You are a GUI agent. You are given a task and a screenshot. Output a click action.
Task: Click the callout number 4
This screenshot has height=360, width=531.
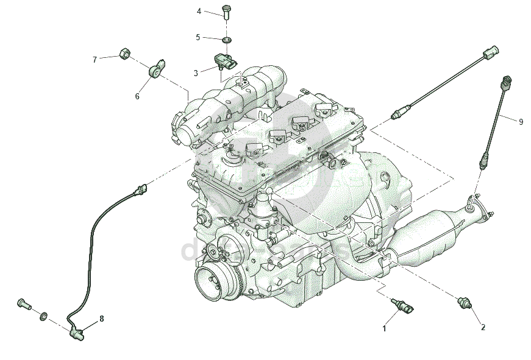[x=199, y=12]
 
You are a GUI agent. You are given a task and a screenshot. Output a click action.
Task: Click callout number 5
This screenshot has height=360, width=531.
[x=198, y=37]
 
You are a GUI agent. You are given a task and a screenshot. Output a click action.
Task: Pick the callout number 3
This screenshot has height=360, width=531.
[x=196, y=73]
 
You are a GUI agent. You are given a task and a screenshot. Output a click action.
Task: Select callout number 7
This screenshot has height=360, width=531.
[x=94, y=60]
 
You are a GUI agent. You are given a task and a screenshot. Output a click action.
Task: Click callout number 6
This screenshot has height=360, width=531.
[x=137, y=96]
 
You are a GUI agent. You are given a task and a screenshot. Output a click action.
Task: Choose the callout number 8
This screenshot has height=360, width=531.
[x=102, y=319]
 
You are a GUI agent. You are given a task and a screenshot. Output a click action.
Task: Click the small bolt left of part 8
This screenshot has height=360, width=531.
[x=23, y=303]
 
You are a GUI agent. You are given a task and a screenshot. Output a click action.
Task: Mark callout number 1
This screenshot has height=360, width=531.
[x=384, y=329]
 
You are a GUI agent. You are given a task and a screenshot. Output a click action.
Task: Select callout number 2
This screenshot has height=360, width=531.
[x=483, y=327]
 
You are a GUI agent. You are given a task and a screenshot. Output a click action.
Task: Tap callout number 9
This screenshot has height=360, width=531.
[x=521, y=122]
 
